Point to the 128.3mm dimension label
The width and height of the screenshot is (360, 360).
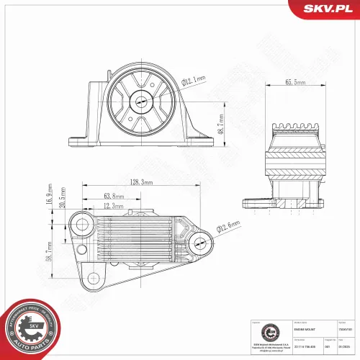pos(138,183)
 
